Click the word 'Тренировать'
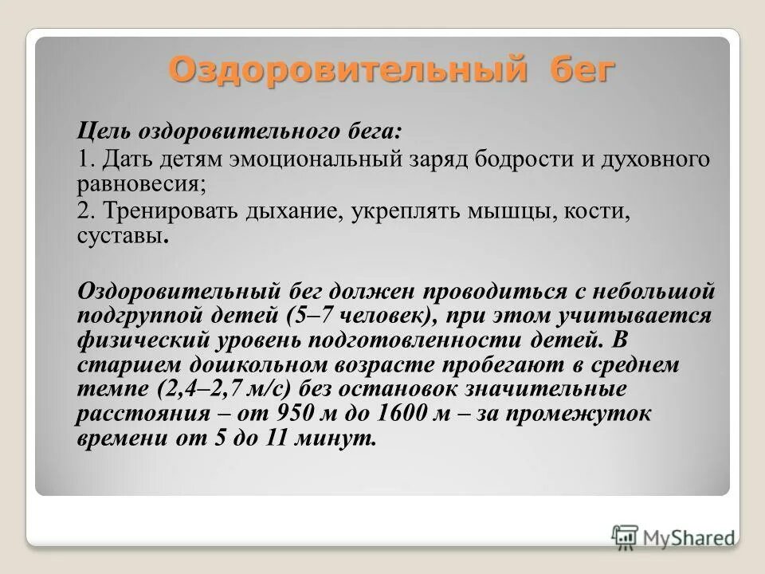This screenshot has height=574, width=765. pos(170,214)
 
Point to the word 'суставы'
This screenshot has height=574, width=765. pos(120,238)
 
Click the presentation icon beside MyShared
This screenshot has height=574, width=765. pos(626,536)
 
